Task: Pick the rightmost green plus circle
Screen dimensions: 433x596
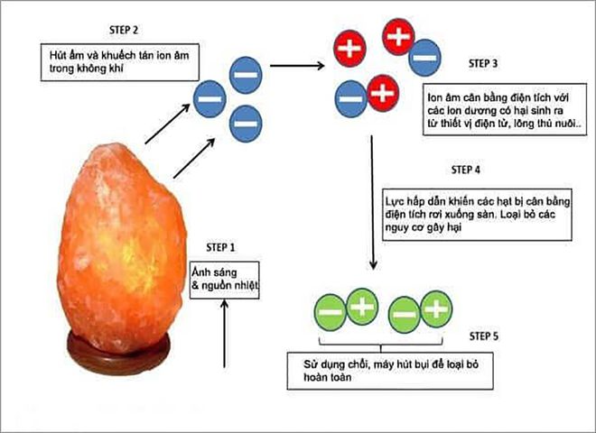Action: [x=436, y=309]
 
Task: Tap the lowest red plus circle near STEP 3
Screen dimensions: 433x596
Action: [x=382, y=90]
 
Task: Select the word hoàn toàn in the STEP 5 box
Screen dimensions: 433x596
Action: [x=307, y=380]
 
